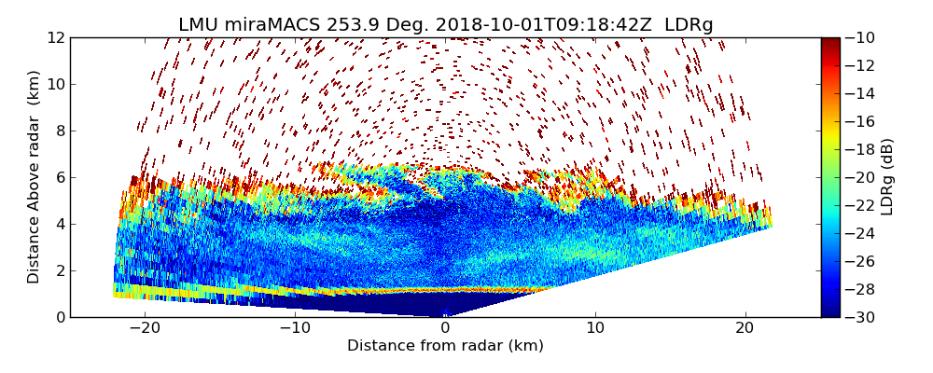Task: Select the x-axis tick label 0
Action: point(445,328)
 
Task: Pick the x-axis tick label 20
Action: point(745,328)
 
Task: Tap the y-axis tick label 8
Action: point(60,131)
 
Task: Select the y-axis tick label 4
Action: point(60,225)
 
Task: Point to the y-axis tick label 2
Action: point(60,271)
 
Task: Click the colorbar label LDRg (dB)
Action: point(887,177)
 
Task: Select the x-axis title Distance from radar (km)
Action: point(445,346)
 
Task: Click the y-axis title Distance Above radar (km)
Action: point(34,177)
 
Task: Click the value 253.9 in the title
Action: point(344,25)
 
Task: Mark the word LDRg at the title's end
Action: point(689,25)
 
